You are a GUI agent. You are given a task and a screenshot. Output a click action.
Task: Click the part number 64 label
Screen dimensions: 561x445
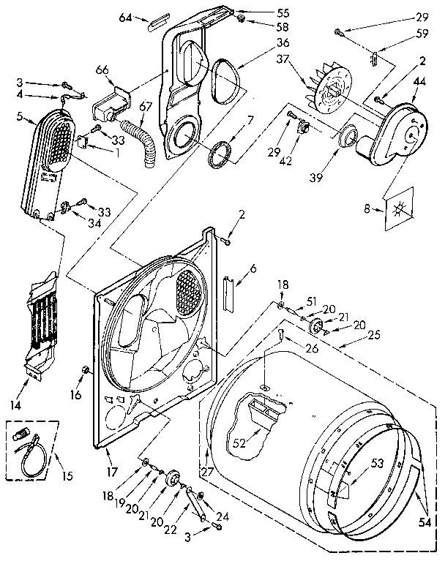click(125, 17)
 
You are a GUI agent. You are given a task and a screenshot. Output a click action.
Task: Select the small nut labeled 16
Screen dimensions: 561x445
click(86, 367)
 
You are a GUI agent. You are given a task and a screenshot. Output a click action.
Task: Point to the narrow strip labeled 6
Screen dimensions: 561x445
click(229, 293)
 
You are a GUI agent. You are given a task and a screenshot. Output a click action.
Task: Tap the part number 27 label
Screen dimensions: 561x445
click(208, 471)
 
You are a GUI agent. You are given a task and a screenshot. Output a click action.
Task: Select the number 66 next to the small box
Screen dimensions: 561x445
click(101, 70)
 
